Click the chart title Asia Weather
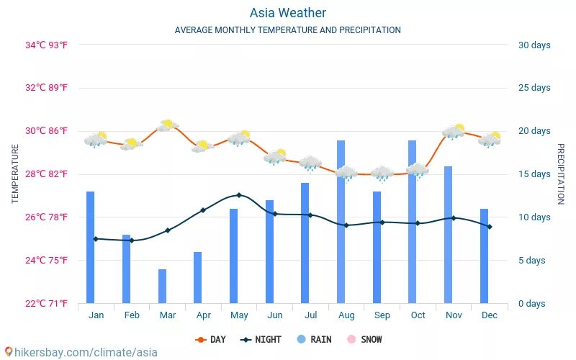pos(288,13)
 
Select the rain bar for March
pos(162,287)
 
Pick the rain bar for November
pos(449,235)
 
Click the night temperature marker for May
pos(239,195)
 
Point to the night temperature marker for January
pos(96,239)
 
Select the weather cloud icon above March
pos(168,126)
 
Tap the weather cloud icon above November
pos(454,131)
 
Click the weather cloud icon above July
pos(310,163)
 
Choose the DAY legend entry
pos(211,339)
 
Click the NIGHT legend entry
pos(261,339)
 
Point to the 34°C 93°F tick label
pos(47,45)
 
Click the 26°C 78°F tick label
pos(47,217)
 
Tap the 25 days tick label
pos(534,88)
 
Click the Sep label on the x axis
pos(382,315)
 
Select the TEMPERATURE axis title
pos(16,174)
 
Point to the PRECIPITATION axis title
pos(561,174)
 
